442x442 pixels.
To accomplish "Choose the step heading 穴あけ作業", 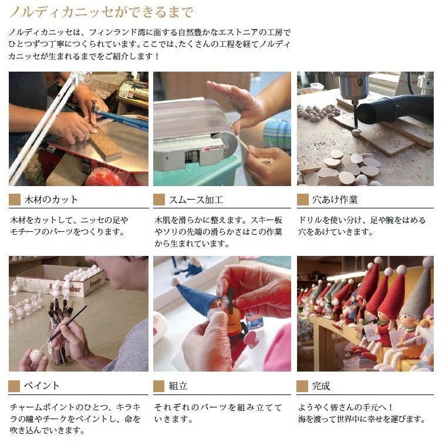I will tap(336, 200).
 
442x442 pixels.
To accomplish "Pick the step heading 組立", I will tap(177, 386).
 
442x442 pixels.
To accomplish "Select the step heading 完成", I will tap(321, 386).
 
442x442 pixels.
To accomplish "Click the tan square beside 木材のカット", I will tap(15, 200).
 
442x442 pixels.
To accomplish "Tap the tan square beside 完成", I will tap(303, 386).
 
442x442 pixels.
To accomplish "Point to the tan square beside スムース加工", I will tap(159, 200).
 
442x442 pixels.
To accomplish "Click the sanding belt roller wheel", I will tap(226, 144).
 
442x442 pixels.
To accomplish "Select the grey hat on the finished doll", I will tap(418, 296).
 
